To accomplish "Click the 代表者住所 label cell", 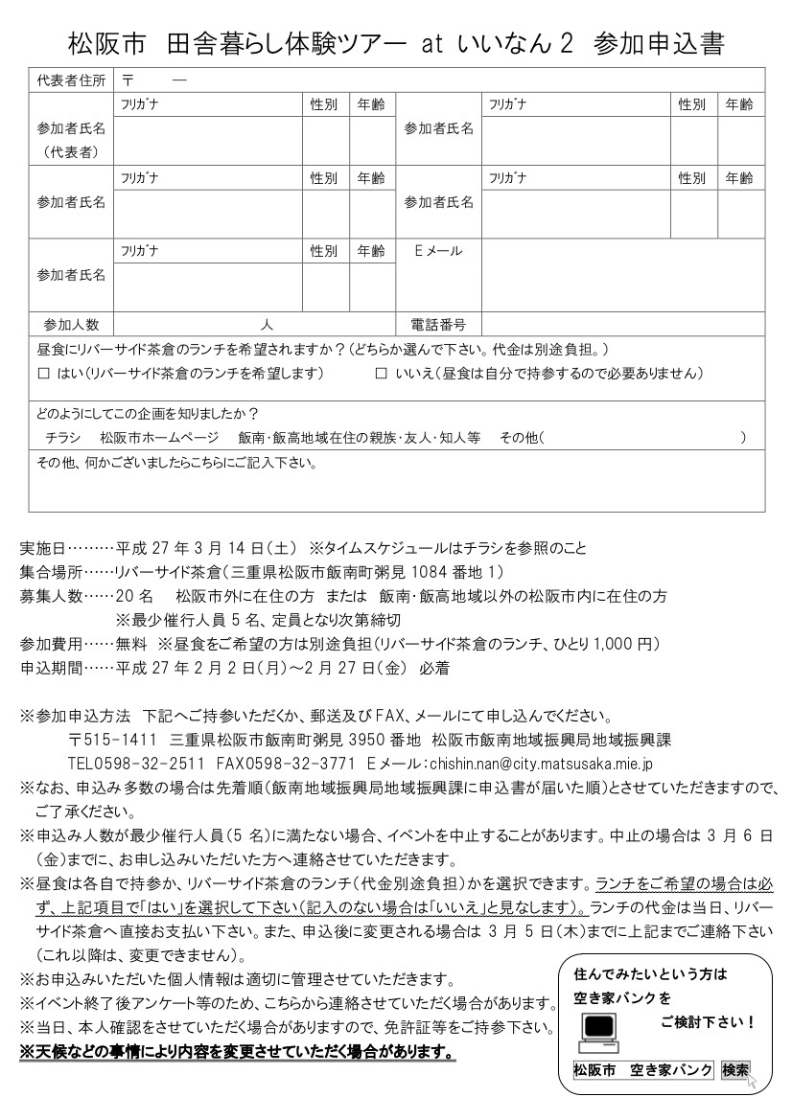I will pyautogui.click(x=71, y=80).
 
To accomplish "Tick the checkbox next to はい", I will pyautogui.click(x=42, y=373).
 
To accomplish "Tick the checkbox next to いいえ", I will pyautogui.click(x=381, y=373).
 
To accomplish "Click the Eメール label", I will pyautogui.click(x=437, y=251).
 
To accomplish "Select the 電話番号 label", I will pyautogui.click(x=437, y=325).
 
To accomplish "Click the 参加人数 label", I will pyautogui.click(x=71, y=325).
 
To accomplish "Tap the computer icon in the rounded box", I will pyautogui.click(x=598, y=1027).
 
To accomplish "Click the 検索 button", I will pyautogui.click(x=735, y=1070).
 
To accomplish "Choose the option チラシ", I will pyautogui.click(x=63, y=438).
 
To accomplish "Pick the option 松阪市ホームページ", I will pyautogui.click(x=159, y=438).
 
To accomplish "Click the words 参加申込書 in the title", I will pyautogui.click(x=658, y=43).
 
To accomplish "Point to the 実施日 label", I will pyautogui.click(x=43, y=549).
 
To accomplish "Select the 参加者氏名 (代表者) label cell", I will pyautogui.click(x=71, y=139).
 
